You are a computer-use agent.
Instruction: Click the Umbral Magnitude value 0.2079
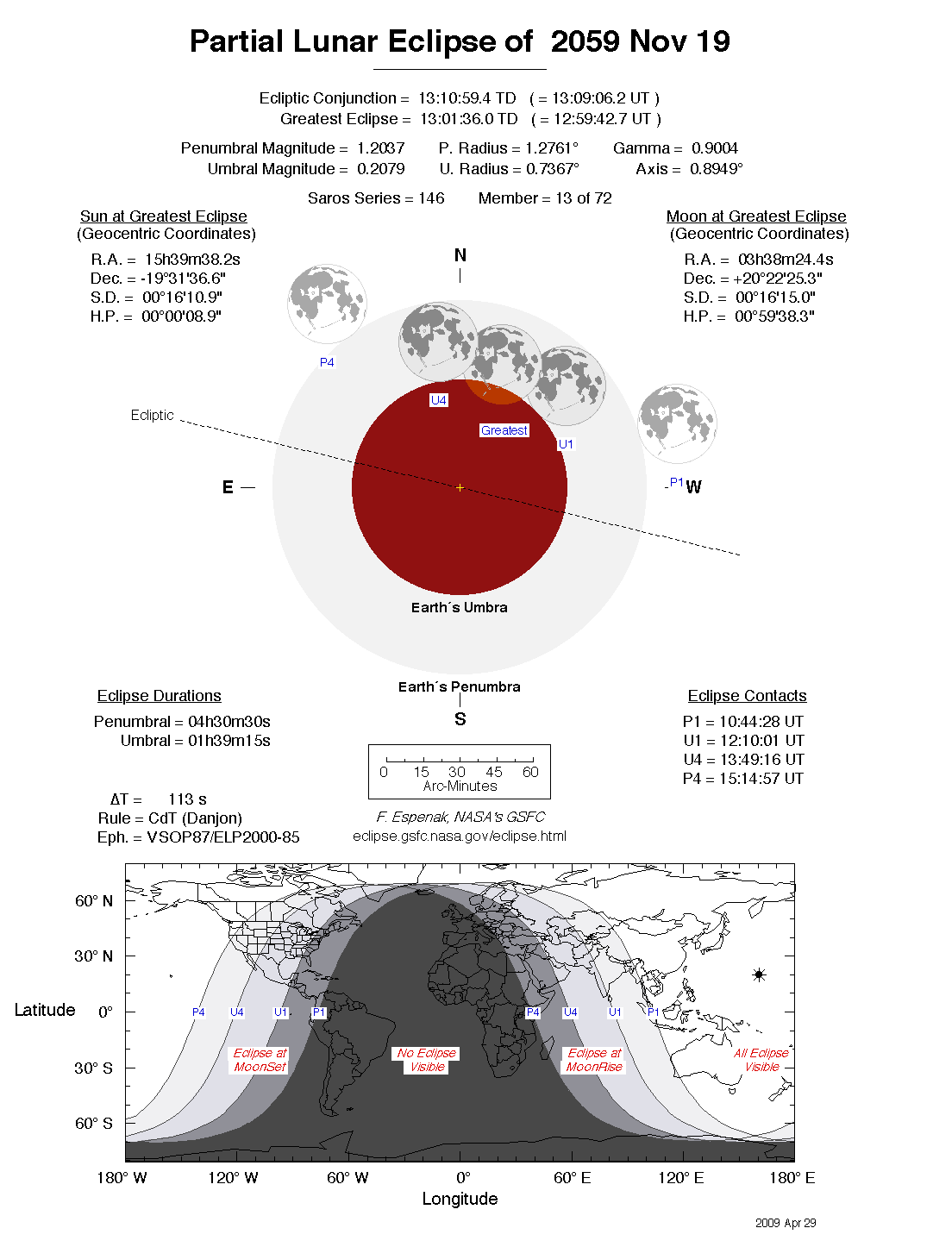tap(380, 169)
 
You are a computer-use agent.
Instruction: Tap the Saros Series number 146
tap(431, 198)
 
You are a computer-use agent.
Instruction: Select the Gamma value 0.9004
tap(714, 148)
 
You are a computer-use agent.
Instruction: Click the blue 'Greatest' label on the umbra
tap(504, 430)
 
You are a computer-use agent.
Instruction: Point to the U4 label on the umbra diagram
tap(439, 400)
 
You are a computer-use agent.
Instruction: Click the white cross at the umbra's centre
tap(460, 488)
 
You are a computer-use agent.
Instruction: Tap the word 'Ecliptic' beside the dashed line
tap(152, 416)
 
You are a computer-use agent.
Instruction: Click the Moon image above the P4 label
tap(327, 304)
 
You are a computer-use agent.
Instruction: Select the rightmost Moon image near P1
tap(677, 423)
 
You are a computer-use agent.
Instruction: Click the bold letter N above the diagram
tap(460, 255)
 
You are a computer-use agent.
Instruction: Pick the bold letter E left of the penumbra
tap(228, 487)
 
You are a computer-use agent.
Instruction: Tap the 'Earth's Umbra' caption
tap(459, 608)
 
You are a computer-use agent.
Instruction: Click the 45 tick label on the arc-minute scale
tap(494, 772)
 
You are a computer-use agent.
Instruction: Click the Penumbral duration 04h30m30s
tap(229, 722)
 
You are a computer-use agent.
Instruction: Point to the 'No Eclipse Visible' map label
tap(427, 1060)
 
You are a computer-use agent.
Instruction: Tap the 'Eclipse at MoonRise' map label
tap(594, 1060)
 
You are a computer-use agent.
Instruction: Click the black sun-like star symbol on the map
tap(759, 975)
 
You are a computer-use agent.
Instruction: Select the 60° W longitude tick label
tap(348, 1178)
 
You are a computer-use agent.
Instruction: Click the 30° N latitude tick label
tap(93, 956)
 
